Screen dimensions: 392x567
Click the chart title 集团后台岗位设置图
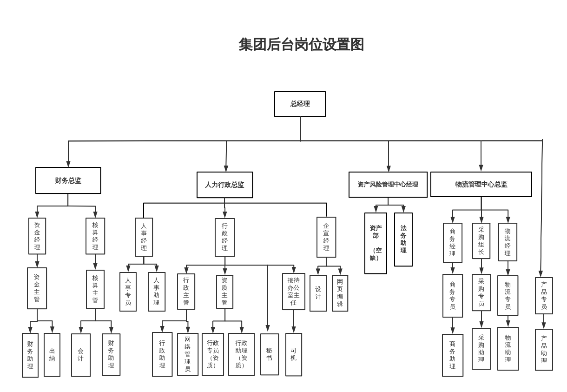[301, 45]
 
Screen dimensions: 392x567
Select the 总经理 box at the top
[300, 104]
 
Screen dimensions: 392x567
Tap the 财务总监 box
[68, 180]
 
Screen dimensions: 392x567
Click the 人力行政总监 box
[224, 185]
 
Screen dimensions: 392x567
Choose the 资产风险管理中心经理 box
[388, 185]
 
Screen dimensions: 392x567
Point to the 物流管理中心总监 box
[481, 185]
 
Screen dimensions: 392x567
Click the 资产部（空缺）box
[376, 243]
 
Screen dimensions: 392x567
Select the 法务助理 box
[403, 239]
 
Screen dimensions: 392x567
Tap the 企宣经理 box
[326, 237]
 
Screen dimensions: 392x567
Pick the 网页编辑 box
[340, 293]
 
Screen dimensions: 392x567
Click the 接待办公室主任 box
[293, 292]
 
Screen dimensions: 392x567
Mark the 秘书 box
[269, 354]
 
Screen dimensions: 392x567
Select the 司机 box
[293, 354]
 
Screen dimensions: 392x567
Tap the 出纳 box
[52, 355]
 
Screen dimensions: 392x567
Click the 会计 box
[80, 355]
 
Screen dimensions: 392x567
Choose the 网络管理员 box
[187, 354]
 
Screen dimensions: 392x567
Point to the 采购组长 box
[481, 241]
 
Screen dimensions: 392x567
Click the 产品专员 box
[544, 296]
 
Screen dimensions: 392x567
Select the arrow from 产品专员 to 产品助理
[544, 322]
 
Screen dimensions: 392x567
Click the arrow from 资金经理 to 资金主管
[37, 261]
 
